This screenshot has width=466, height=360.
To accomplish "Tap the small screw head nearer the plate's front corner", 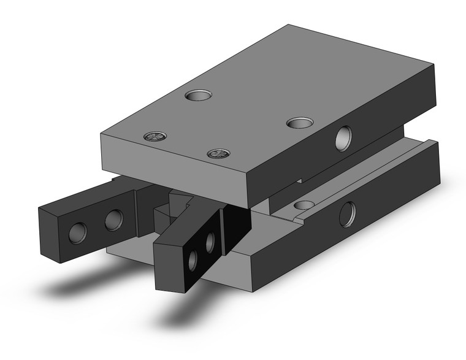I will coord(217,153).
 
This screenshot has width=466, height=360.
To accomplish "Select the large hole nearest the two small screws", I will coord(199,96).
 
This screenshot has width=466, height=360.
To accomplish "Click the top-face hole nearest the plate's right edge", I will coord(299,123).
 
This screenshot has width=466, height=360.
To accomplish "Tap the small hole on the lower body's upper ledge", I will coord(302,205).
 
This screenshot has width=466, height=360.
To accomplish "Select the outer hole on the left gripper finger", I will coord(78,232).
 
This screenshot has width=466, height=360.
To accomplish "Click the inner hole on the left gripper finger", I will coord(113,220).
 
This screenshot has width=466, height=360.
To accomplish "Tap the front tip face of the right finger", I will coord(167,267).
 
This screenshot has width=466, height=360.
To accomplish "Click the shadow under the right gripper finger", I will coord(184,313).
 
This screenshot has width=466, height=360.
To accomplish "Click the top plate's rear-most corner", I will coord(288,25).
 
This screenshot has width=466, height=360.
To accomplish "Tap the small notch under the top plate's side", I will coord(300,178).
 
